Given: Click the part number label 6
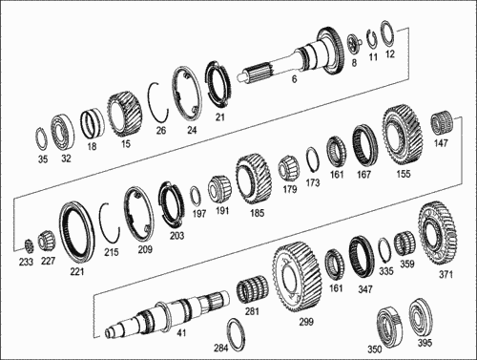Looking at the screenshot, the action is (x=294, y=78).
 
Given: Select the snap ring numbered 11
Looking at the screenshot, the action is (x=369, y=40).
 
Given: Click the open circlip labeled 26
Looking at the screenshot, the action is (x=152, y=102).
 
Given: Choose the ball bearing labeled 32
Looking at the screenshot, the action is (x=62, y=133).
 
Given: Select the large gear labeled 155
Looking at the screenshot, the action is (x=403, y=135).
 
